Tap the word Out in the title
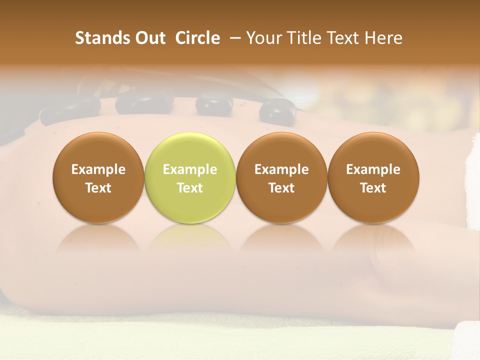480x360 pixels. (148, 38)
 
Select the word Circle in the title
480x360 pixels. (197, 38)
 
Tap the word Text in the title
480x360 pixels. (343, 38)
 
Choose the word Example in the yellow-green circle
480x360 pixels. (190, 169)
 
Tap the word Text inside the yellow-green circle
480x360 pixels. (190, 188)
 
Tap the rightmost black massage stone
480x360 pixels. (278, 110)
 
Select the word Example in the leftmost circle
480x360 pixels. (98, 169)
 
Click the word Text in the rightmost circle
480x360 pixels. (373, 188)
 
